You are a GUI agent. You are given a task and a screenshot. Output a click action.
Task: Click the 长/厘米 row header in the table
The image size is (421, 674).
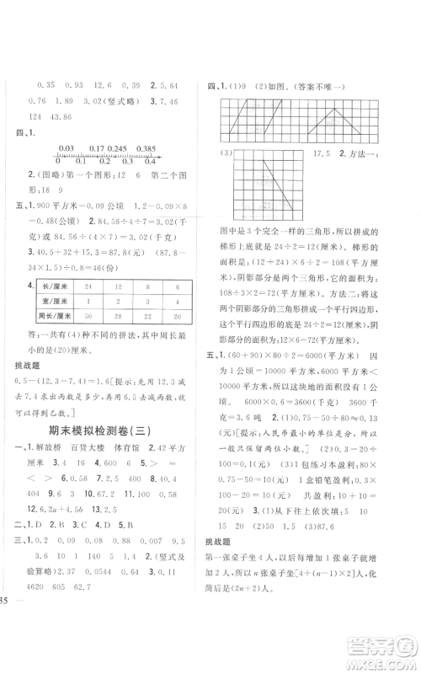[45, 286]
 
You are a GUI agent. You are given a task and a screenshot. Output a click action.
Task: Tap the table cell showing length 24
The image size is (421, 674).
[87, 286]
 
